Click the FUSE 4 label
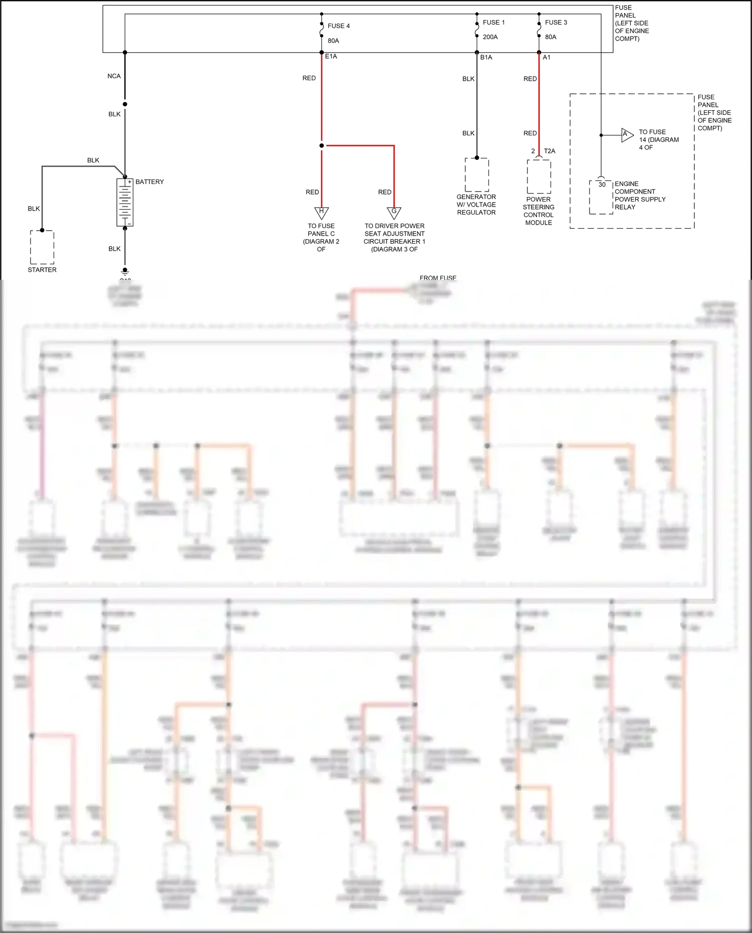[x=338, y=26]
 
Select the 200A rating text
[x=490, y=37]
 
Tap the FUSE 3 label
[x=556, y=23]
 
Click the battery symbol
[x=125, y=203]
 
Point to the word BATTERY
[x=149, y=182]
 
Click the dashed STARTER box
[x=42, y=247]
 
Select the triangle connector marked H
[x=321, y=213]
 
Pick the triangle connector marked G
[x=394, y=213]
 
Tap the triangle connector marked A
[x=627, y=135]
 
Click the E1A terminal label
[x=331, y=57]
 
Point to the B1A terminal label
[x=486, y=58]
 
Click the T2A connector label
[x=549, y=151]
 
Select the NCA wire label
[x=114, y=76]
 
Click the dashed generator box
[x=477, y=175]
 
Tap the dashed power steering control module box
[x=539, y=176]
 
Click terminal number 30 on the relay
[x=602, y=184]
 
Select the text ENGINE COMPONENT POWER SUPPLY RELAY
[x=640, y=196]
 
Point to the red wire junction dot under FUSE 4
[x=321, y=146]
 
